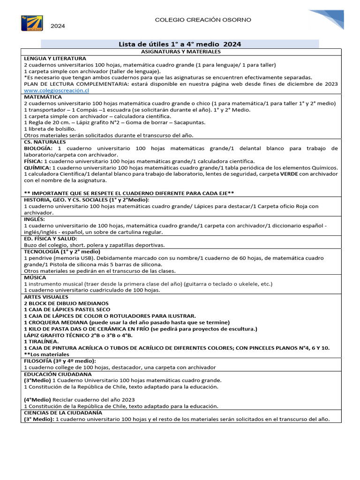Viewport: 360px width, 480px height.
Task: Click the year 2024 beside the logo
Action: coord(58,26)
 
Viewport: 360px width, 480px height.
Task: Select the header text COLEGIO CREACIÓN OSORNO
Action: coord(203,20)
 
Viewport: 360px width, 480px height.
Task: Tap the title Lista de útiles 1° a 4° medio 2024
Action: coord(180,44)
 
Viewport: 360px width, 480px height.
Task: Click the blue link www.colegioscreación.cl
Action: coord(56,90)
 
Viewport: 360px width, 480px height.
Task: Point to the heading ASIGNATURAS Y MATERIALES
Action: coord(180,51)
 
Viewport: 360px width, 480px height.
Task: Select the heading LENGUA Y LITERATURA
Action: coord(55,58)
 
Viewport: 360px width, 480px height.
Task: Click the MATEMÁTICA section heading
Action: coord(43,97)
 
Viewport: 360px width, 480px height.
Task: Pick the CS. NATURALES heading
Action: coord(45,142)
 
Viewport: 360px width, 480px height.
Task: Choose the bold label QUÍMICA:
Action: coord(37,168)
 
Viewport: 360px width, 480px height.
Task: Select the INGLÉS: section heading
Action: coord(35,219)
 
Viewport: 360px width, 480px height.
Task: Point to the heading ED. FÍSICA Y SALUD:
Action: coord(51,239)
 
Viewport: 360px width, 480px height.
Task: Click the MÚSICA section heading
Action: coord(35,277)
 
